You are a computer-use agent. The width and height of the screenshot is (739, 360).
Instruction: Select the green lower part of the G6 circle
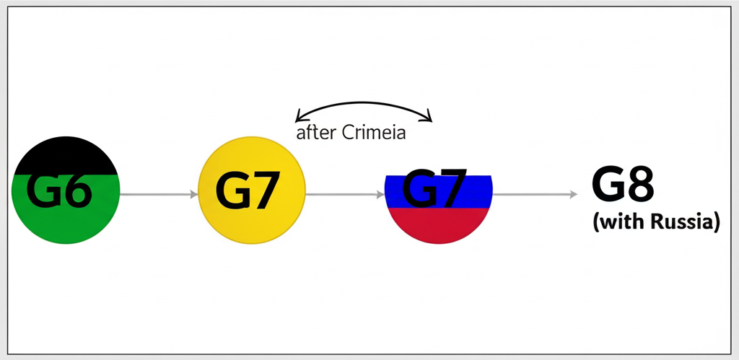(x=65, y=224)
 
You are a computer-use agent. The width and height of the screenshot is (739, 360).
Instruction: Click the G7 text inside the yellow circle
(x=247, y=193)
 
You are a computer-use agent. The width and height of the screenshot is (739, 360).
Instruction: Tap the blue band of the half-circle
(x=404, y=191)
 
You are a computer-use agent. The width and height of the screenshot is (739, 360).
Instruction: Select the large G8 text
(x=623, y=186)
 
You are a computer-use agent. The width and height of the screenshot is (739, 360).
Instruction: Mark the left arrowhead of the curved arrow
(x=299, y=116)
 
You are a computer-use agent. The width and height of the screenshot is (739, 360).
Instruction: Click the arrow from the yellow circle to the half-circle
(x=344, y=194)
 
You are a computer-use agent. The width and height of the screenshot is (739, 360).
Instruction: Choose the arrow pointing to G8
(x=534, y=194)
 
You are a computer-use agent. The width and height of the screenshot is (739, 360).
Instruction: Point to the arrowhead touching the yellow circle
(x=194, y=194)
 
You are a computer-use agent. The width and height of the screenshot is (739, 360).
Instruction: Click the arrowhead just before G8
(x=573, y=194)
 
